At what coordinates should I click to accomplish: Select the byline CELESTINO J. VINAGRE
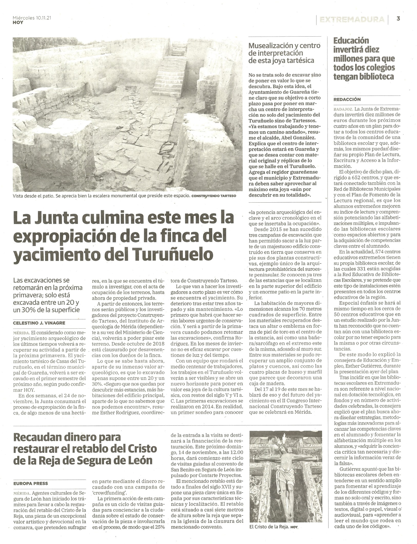click(39, 323)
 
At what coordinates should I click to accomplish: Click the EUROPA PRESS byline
click(31, 484)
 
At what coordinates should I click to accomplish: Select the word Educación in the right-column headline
click(351, 41)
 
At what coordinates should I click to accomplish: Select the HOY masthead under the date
click(18, 23)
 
